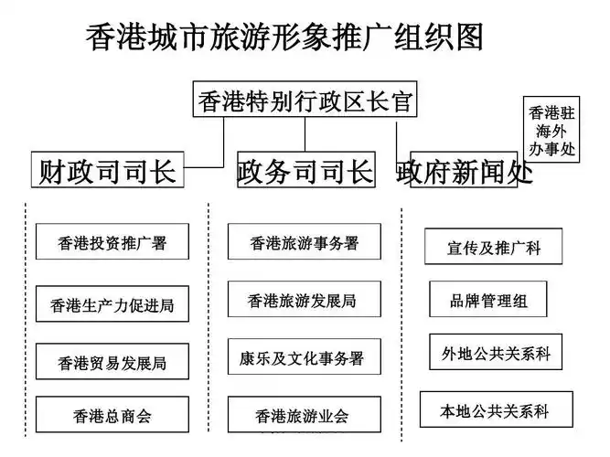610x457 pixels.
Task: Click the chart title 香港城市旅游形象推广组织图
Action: point(284,37)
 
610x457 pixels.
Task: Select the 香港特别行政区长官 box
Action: point(305,101)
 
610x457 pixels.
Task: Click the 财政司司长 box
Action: point(108,171)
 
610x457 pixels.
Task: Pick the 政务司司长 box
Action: point(305,171)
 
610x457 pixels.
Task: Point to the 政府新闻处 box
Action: point(466,171)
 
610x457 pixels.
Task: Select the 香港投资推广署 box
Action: point(112,243)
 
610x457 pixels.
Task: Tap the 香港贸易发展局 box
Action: point(112,362)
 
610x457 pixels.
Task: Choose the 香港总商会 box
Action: point(112,416)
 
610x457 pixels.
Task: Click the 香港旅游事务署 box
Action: point(305,242)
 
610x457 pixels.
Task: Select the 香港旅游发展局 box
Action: point(305,300)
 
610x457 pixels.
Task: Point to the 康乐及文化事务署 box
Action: point(305,357)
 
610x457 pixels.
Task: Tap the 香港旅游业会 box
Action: point(305,416)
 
